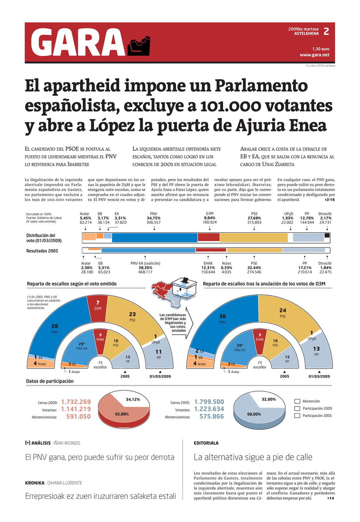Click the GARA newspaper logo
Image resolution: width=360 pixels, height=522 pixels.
coord(79,43)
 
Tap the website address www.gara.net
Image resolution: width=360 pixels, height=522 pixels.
coord(314,55)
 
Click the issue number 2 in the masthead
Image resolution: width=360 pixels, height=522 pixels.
coord(326,32)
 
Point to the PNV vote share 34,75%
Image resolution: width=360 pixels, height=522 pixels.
coord(154,218)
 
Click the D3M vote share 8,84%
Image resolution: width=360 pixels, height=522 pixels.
coord(210,218)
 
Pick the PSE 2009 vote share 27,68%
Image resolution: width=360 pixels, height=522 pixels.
coord(254,218)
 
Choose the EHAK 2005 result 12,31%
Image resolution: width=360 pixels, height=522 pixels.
coord(208,267)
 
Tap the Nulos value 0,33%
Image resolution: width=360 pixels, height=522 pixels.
coord(227,267)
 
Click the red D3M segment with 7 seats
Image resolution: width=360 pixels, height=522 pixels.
coord(98,306)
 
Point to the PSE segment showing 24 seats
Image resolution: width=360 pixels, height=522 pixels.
coord(283,313)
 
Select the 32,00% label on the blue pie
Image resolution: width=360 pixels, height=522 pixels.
coord(268,399)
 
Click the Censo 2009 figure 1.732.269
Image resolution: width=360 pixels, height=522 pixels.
coord(76,401)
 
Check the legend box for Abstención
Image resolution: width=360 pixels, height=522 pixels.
coord(297,401)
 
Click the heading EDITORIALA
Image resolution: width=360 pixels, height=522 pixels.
coord(206,443)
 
